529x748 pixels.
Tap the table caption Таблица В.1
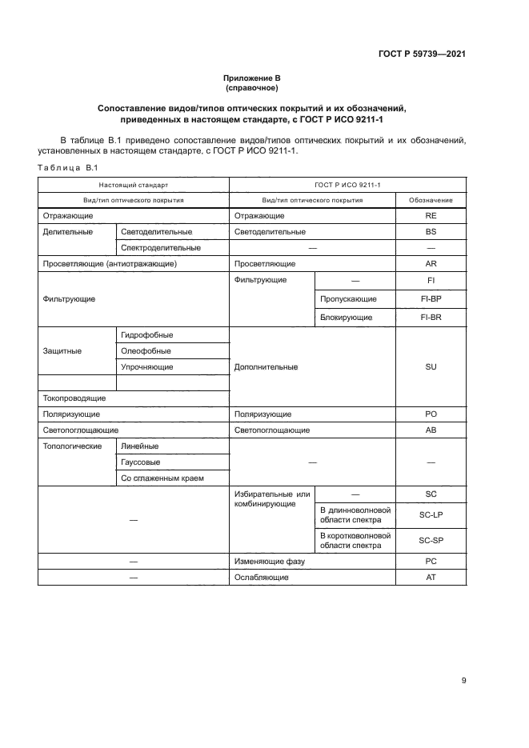67,167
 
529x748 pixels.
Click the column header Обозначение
431,200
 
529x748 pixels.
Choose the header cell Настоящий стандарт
134,185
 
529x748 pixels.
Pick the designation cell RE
431,216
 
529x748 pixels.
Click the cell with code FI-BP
431,298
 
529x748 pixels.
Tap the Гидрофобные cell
147,334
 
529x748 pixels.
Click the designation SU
431,366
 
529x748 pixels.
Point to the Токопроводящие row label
74,398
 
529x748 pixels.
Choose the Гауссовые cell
140,462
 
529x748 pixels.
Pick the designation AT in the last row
431,577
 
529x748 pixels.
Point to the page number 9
463,681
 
